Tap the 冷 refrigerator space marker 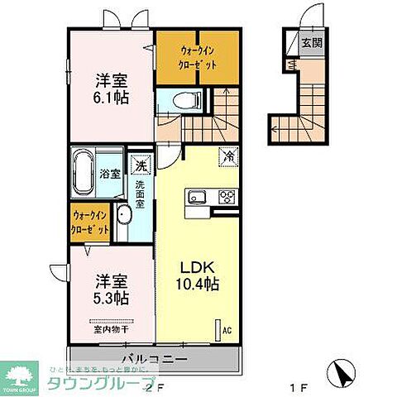coord(227,154)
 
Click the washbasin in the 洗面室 coord(124,218)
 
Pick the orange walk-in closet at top coord(198,55)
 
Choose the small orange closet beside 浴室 coord(90,223)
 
